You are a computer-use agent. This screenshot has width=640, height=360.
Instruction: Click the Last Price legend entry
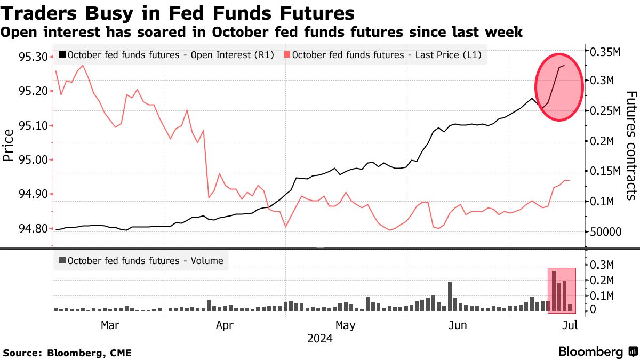(383, 54)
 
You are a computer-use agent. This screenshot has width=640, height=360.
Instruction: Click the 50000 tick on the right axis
(606, 232)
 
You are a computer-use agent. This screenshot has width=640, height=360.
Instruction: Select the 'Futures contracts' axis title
(630, 145)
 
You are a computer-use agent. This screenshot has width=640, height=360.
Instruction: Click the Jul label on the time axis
(571, 325)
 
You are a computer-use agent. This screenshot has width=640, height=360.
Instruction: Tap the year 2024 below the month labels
(320, 339)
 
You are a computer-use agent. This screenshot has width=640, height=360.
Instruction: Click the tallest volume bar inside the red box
(554, 291)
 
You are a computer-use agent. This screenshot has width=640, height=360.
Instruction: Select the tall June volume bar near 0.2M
(450, 297)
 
